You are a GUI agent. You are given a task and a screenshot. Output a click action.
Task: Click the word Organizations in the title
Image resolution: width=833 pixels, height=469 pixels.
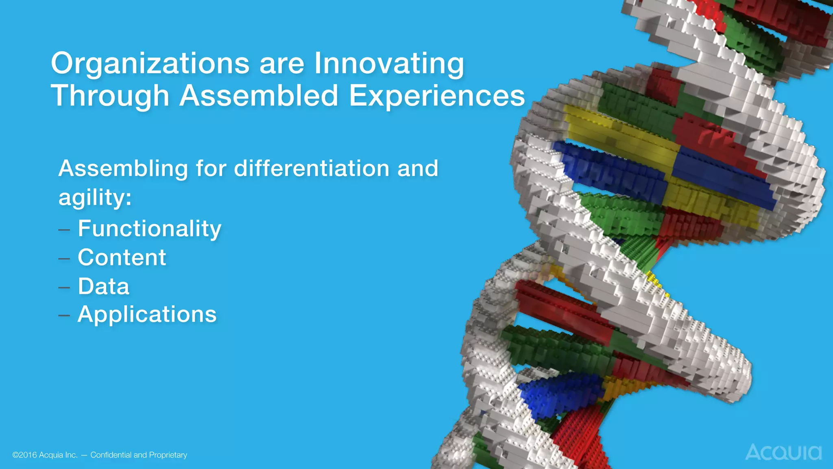tap(150, 64)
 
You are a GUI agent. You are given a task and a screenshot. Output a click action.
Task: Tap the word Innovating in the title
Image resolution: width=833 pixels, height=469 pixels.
tap(389, 64)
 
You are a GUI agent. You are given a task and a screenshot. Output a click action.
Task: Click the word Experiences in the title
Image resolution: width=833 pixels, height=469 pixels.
tap(437, 96)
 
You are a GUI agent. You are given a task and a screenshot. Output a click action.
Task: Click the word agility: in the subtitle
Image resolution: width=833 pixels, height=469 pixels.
tap(95, 198)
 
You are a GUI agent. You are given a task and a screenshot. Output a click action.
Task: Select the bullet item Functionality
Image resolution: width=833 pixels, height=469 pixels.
tap(149, 228)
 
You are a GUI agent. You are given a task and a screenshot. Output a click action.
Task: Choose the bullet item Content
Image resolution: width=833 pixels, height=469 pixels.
tap(122, 258)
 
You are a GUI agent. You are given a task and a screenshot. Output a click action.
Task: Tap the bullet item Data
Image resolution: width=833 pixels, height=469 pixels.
tap(103, 287)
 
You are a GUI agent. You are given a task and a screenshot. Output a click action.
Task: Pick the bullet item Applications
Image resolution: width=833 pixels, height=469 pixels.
tap(147, 315)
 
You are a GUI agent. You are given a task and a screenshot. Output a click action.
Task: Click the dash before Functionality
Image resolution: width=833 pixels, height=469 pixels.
tap(64, 230)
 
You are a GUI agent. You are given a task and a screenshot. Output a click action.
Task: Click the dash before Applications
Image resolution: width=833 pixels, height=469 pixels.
tap(64, 316)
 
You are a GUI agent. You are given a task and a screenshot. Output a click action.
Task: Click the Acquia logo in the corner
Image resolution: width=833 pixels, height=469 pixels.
tap(783, 452)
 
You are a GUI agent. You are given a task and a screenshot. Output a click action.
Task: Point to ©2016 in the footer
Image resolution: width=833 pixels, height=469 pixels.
tap(25, 455)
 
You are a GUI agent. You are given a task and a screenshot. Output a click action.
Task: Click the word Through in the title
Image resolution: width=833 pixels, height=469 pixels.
tap(110, 96)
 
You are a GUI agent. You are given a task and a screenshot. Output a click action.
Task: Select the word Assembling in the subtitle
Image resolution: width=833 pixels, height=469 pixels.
tap(123, 169)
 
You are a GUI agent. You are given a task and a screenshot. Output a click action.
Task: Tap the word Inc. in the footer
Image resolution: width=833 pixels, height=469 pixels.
tap(70, 455)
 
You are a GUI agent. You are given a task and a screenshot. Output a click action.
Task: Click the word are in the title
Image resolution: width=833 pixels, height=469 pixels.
tap(282, 64)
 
